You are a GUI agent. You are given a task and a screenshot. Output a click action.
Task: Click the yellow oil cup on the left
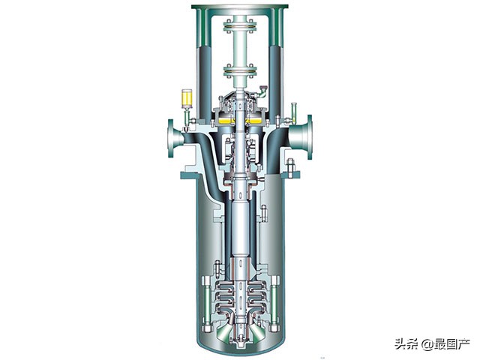(x=187, y=98)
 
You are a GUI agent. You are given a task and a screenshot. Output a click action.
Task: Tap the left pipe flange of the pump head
(x=171, y=138)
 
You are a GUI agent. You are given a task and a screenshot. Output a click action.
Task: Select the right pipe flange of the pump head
(x=310, y=137)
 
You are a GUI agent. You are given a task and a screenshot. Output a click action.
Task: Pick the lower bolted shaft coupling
(x=240, y=71)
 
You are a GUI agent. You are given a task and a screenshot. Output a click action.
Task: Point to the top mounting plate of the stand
(x=240, y=6)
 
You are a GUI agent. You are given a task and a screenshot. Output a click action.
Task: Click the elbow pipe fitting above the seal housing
(x=262, y=91)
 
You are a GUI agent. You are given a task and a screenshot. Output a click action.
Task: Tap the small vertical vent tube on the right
(x=294, y=112)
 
